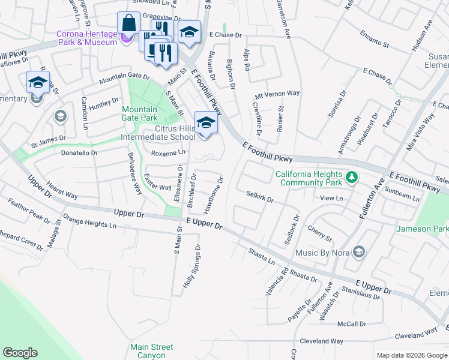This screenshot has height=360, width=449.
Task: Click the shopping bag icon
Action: pos(128,25)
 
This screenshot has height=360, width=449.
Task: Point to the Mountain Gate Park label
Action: pos(140,114)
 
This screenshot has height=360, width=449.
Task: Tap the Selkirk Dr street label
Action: pos(260,196)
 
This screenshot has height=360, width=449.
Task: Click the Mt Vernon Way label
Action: pos(277,94)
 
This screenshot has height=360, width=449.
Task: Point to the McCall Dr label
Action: pos(351,324)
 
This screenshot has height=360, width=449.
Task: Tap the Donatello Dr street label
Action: pos(79,154)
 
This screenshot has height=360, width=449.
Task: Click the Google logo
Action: pos(20,353)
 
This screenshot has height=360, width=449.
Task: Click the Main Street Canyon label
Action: pos(152,351)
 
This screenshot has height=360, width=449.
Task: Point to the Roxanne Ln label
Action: pos(167,154)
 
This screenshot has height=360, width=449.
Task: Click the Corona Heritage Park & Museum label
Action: pos(86,38)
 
